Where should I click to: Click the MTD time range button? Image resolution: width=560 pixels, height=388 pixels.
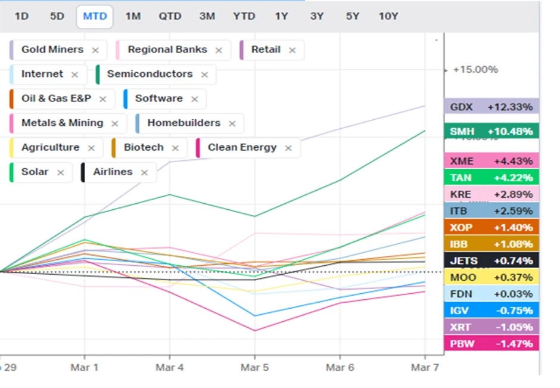[95, 16]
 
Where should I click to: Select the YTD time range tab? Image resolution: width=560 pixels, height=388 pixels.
[244, 16]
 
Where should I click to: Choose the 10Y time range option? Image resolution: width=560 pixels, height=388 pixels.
[388, 16]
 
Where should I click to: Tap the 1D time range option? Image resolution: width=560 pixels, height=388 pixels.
[21, 16]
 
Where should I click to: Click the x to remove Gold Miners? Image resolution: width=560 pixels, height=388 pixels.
[95, 50]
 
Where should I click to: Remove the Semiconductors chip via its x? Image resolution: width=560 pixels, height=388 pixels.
[204, 75]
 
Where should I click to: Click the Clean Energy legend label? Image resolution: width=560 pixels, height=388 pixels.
[242, 147]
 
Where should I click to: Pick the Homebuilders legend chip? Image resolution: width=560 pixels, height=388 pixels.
[183, 123]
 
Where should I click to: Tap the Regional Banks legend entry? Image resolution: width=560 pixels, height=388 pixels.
[167, 49]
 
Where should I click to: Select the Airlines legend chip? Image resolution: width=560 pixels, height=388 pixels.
[113, 172]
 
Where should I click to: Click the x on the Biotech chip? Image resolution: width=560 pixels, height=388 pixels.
[175, 148]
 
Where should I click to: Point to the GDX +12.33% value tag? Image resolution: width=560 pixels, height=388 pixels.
[491, 107]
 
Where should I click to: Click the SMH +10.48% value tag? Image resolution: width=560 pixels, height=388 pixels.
[491, 131]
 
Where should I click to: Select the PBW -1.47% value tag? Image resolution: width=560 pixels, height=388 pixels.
[491, 343]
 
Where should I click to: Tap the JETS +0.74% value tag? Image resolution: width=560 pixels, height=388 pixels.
[491, 260]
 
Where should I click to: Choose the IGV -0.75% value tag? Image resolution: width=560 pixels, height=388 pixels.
[491, 310]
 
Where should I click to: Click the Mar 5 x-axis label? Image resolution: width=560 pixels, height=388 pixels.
[254, 367]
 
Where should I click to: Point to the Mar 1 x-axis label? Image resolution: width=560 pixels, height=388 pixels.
[84, 367]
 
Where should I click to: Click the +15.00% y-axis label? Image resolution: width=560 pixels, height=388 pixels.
[475, 70]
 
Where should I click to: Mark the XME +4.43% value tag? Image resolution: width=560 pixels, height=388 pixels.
[491, 160]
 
